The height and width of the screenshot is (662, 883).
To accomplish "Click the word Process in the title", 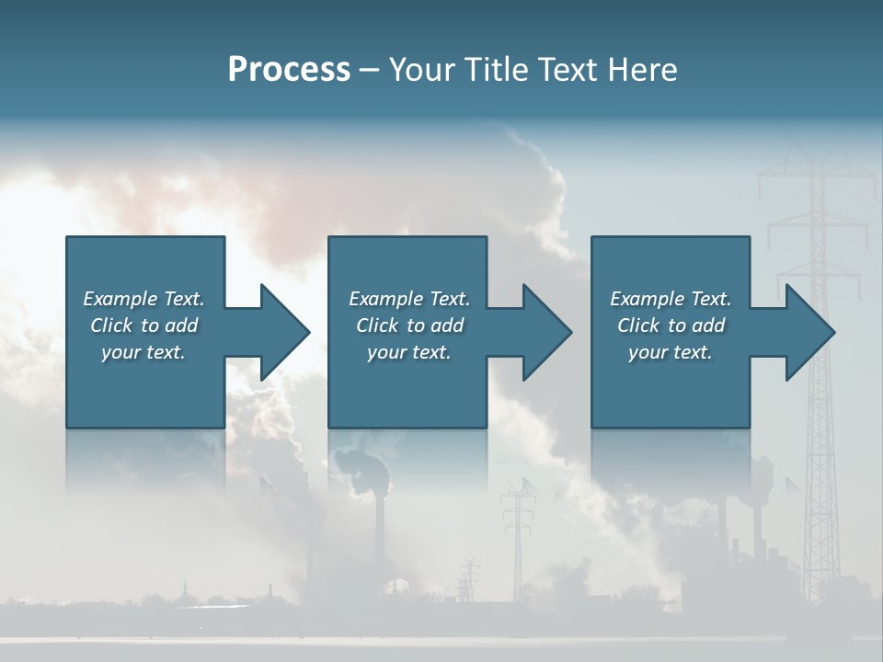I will pyautogui.click(x=289, y=70).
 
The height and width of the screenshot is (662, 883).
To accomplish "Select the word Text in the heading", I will pyautogui.click(x=566, y=70).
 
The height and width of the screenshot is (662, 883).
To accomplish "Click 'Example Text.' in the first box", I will pyautogui.click(x=143, y=299).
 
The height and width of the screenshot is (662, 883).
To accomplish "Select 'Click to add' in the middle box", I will pyautogui.click(x=409, y=325).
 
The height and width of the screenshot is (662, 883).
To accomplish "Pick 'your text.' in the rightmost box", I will pyautogui.click(x=670, y=352).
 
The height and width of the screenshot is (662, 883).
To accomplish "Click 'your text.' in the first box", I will pyautogui.click(x=143, y=352).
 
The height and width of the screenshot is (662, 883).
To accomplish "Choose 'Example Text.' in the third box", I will pyautogui.click(x=670, y=299).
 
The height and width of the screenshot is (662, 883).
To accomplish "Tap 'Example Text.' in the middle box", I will pyautogui.click(x=409, y=299).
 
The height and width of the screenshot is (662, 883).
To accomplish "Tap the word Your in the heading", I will pyautogui.click(x=420, y=70).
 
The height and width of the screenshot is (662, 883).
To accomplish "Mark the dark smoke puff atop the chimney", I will pyautogui.click(x=364, y=464).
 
